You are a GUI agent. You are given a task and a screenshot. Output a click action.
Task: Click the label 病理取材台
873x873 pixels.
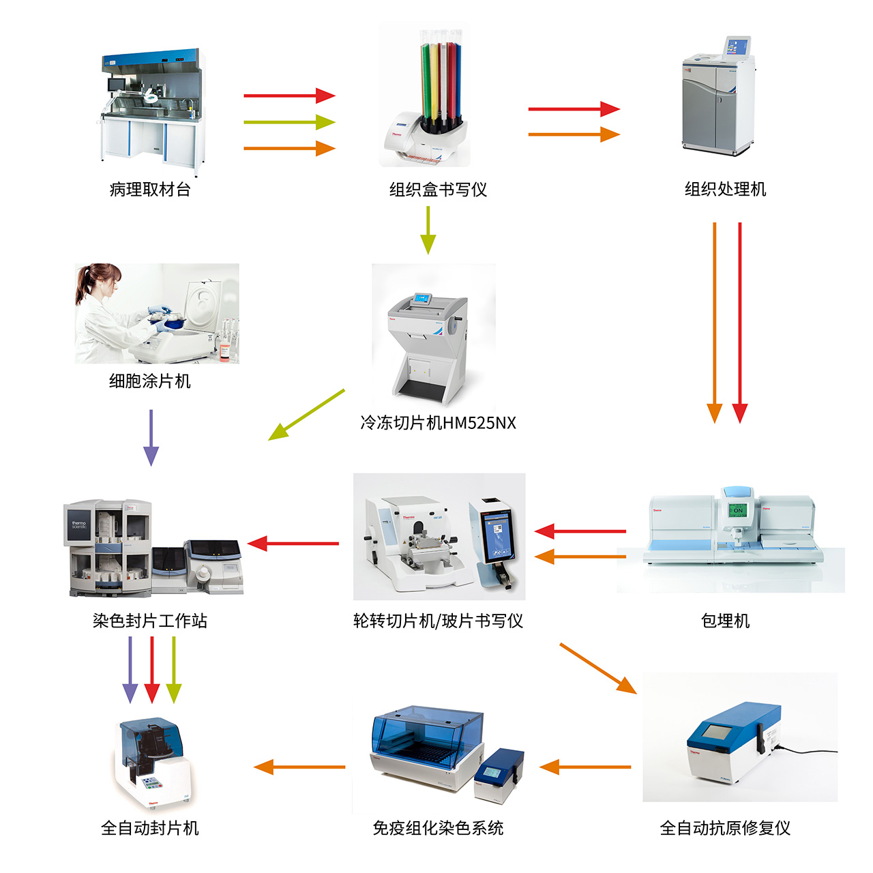coord(150,190)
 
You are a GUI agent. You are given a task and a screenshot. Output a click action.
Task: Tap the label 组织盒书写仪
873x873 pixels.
coord(438,190)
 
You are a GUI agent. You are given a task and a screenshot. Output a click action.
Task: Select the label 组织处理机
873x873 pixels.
coord(725,189)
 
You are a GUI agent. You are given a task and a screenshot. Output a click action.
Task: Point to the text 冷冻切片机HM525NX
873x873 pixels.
coord(438,423)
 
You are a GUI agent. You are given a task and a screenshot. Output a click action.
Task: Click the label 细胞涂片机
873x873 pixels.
coord(150,381)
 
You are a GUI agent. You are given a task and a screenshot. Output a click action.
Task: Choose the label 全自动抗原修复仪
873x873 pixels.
coord(725,828)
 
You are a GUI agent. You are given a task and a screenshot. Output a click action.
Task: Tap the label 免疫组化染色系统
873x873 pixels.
coord(438,828)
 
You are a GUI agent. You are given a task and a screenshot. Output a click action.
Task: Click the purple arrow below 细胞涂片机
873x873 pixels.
coord(151,436)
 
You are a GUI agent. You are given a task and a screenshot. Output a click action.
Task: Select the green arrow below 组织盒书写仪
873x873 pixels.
coord(428,230)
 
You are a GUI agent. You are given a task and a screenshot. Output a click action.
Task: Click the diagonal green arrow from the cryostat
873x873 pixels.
coord(307,414)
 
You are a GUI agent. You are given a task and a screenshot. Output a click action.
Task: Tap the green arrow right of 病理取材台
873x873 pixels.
coord(289,123)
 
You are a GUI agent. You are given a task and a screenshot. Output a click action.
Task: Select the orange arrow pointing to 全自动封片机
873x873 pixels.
coord(300,767)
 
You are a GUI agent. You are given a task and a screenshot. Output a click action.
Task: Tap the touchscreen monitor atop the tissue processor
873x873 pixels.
coord(737,47)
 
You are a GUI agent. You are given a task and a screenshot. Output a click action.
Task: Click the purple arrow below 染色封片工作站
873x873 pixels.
coord(130,668)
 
